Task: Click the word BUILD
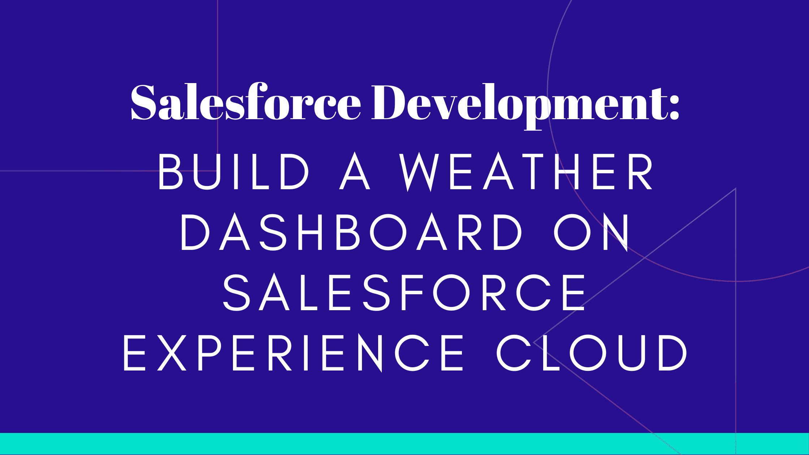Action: click(234, 172)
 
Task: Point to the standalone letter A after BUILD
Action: click(355, 172)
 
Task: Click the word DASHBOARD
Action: click(351, 232)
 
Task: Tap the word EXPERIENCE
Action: click(293, 352)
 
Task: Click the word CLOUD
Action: click(591, 352)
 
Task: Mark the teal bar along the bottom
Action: click(404, 444)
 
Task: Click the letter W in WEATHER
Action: click(419, 172)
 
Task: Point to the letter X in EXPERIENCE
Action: click(172, 352)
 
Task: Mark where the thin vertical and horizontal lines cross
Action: click(217, 171)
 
